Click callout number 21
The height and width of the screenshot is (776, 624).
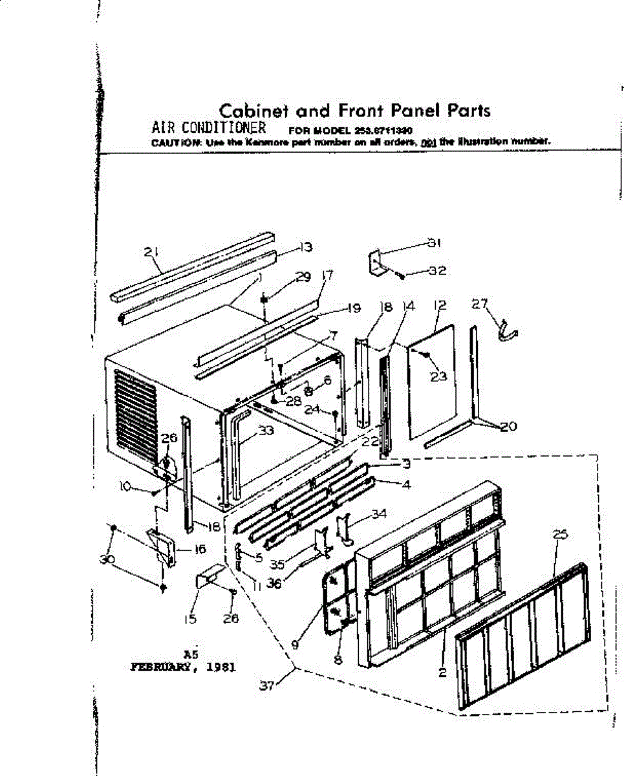pyautogui.click(x=153, y=252)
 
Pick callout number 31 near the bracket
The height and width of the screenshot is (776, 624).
pyautogui.click(x=433, y=243)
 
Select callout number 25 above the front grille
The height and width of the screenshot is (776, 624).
pyautogui.click(x=560, y=535)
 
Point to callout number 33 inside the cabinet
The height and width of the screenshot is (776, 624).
pyautogui.click(x=264, y=430)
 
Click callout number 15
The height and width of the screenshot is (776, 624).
pyautogui.click(x=189, y=619)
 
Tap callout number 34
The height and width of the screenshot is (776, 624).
pyautogui.click(x=378, y=514)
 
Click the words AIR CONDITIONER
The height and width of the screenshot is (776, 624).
pyautogui.click(x=204, y=127)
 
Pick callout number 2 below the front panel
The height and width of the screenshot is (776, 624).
pyautogui.click(x=442, y=673)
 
